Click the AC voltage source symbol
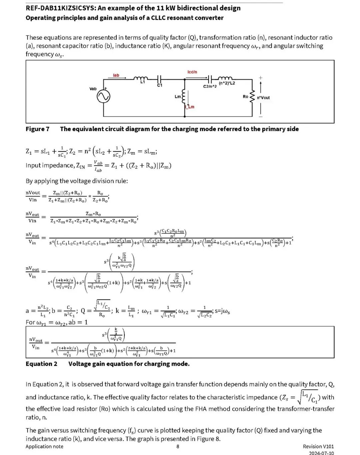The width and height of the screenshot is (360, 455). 103,97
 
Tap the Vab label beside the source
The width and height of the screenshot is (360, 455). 93,89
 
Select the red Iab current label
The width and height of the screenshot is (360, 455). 116,75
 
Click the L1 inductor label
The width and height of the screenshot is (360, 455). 143,82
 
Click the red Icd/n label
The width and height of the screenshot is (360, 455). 192,72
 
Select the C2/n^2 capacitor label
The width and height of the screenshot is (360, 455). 210,86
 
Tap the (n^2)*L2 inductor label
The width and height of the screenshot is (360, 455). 227,83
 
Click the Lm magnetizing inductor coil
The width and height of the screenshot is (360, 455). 183,96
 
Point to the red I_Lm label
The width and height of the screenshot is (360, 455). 190,107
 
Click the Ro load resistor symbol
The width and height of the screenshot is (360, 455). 252,96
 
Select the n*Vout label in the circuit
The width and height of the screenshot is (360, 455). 263,98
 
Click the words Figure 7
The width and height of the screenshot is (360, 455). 37,129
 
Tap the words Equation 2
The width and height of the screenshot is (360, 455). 41,364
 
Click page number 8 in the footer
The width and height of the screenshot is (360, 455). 178,446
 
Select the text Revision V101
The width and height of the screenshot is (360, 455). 318,446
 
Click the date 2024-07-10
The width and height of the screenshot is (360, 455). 321,453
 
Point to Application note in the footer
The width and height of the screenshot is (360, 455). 44,446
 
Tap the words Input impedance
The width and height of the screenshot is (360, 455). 50,165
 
